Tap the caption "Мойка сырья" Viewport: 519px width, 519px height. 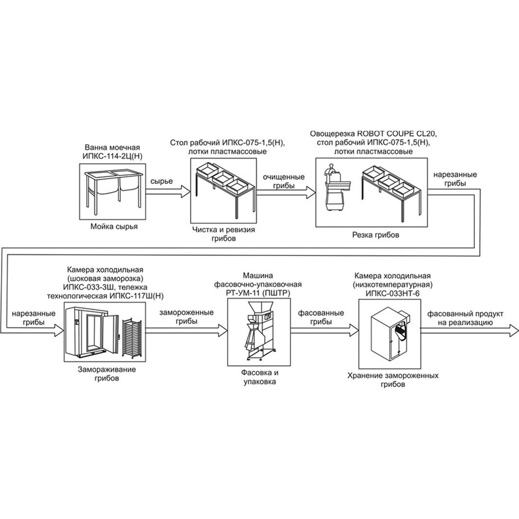[x=114, y=227]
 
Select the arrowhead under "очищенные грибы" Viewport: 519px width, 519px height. [x=310, y=192]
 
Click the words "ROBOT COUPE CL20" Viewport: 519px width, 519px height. [x=396, y=134]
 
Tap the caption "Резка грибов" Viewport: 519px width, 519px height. [x=376, y=235]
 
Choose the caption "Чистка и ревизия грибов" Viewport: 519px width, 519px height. [x=223, y=234]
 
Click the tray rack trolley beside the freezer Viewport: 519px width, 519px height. [x=132, y=338]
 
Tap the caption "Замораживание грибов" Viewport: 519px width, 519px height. [x=107, y=374]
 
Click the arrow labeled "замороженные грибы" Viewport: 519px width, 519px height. [x=187, y=330]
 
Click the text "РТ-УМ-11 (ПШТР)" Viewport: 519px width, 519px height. [x=259, y=293]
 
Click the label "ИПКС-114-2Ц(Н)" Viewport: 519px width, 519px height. [x=113, y=156]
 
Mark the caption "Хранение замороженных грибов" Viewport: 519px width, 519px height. [x=393, y=380]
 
